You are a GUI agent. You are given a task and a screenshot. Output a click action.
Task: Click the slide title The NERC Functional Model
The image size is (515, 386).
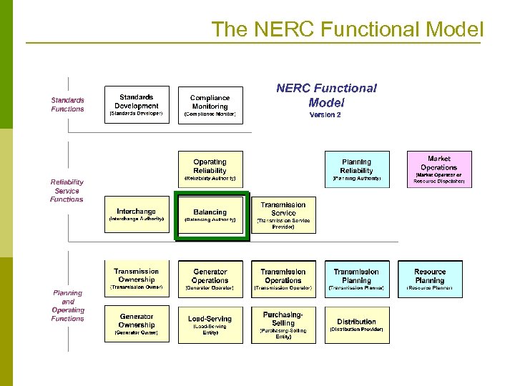click(x=348, y=29)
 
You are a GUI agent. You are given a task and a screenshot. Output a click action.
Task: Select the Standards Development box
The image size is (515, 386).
click(x=137, y=104)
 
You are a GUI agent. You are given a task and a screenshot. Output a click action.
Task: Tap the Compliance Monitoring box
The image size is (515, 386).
click(x=210, y=105)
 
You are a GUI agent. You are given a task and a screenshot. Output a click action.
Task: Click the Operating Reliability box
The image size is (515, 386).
click(x=210, y=169)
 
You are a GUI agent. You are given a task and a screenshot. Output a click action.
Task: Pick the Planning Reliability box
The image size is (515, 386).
click(x=356, y=169)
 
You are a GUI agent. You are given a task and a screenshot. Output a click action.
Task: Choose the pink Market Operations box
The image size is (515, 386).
click(x=439, y=169)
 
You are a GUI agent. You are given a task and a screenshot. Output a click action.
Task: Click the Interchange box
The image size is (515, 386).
click(x=137, y=214)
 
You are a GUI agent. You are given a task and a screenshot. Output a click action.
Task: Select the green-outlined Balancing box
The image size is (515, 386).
click(x=210, y=215)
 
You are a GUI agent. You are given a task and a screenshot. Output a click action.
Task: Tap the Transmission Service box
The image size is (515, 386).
click(x=283, y=214)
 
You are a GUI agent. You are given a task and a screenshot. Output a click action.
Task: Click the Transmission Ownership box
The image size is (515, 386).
click(x=137, y=278)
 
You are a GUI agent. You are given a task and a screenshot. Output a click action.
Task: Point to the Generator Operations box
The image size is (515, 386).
click(x=210, y=279)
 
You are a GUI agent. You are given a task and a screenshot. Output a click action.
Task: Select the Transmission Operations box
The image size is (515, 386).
click(x=283, y=279)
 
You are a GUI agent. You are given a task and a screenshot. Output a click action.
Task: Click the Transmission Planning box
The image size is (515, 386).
click(x=356, y=279)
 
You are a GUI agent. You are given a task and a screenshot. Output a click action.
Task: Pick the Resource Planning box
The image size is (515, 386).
click(x=430, y=279)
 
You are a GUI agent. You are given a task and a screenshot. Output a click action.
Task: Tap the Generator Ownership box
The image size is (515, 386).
click(x=137, y=324)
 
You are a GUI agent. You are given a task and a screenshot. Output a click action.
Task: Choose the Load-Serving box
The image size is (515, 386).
click(x=210, y=324)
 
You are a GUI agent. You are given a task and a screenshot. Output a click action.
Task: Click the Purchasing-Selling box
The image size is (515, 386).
click(x=283, y=324)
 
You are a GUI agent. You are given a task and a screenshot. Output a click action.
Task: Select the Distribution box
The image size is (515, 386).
click(x=356, y=324)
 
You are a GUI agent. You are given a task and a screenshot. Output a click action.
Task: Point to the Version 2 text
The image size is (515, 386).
click(x=325, y=115)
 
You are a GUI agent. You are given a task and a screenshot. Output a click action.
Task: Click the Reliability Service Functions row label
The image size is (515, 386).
click(x=67, y=191)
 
